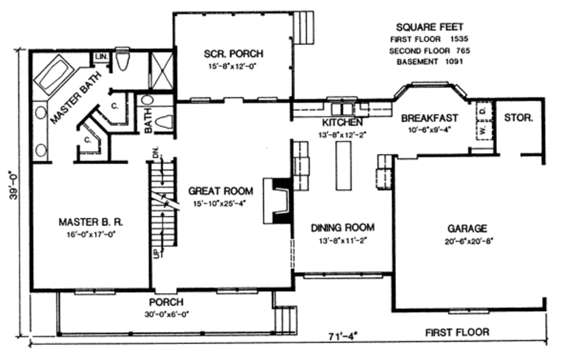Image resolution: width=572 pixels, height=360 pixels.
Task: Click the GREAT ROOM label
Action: pyautogui.click(x=220, y=191)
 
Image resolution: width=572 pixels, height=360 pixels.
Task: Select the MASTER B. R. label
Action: pyautogui.click(x=90, y=222)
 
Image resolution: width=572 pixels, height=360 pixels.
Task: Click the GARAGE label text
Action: pyautogui.click(x=467, y=228)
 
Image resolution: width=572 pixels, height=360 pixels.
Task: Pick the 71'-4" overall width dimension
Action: pyautogui.click(x=344, y=337)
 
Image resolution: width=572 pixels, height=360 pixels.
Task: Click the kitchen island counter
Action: pyautogui.click(x=343, y=165)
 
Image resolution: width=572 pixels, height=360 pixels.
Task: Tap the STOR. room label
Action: pyautogui.click(x=518, y=118)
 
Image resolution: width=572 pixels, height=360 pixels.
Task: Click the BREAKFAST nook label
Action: pyautogui.click(x=430, y=118)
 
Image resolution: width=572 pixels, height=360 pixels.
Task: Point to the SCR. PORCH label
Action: pyautogui.click(x=233, y=54)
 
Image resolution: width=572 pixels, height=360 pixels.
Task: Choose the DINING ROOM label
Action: pyautogui.click(x=342, y=228)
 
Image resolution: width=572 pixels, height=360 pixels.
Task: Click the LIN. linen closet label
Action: pyautogui.click(x=101, y=57)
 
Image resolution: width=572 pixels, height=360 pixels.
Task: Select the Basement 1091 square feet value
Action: pyautogui.click(x=454, y=62)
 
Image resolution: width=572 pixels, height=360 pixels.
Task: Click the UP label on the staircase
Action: pyautogui.click(x=157, y=253)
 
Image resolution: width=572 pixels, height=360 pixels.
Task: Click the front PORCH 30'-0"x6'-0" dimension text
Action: pyautogui.click(x=166, y=314)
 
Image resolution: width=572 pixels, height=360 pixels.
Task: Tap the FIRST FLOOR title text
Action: pyautogui.click(x=457, y=332)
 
